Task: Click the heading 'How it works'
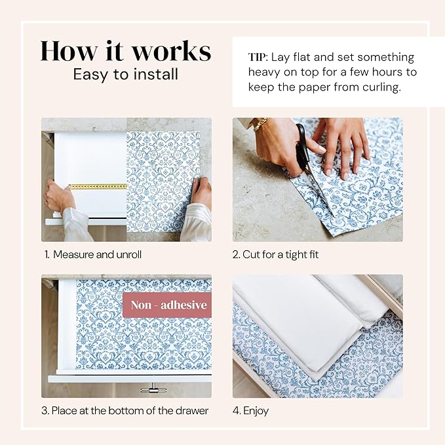click(x=125, y=50)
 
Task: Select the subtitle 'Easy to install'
click(x=125, y=74)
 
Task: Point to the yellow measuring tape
click(x=98, y=187)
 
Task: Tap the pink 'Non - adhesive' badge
click(x=168, y=305)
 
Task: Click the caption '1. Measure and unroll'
click(x=92, y=254)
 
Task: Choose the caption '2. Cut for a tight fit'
click(x=275, y=254)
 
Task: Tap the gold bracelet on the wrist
click(x=261, y=123)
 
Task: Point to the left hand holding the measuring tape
click(x=59, y=197)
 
